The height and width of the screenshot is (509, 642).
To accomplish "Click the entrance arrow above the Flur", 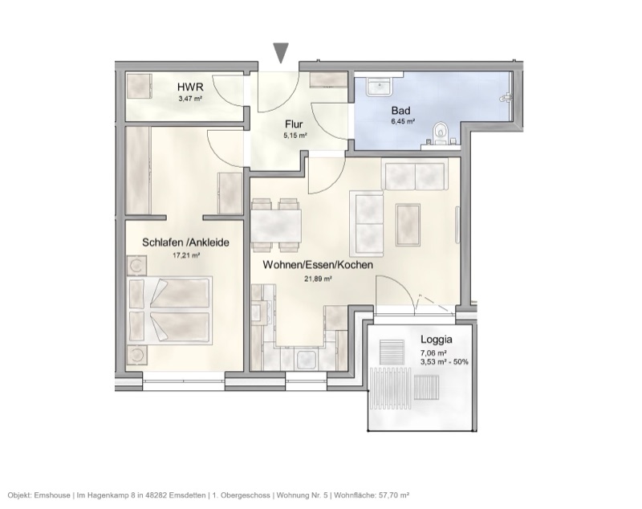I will [x=280, y=53].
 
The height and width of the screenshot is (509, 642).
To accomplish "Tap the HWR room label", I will [x=189, y=88].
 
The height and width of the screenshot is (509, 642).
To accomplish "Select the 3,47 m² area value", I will [x=189, y=100].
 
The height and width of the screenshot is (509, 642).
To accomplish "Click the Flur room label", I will [x=294, y=124].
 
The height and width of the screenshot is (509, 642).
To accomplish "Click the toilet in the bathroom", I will [x=439, y=133].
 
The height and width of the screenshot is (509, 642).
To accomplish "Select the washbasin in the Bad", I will [x=378, y=85].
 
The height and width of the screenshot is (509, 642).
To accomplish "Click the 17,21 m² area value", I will [x=186, y=255].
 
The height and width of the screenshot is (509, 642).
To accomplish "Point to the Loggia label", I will [x=437, y=339].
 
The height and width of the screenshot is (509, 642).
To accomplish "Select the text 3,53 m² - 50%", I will [x=445, y=361].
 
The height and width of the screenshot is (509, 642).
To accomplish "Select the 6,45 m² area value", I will [x=402, y=122].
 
